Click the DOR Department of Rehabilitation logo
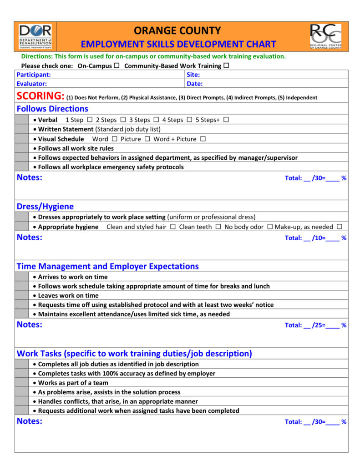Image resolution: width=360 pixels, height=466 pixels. click(35, 36)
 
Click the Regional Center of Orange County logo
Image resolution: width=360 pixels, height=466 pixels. click(325, 36)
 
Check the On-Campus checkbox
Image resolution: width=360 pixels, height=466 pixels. click(117, 66)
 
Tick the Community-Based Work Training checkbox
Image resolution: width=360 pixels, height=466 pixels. click(226, 66)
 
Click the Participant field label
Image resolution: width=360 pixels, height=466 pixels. click(34, 75)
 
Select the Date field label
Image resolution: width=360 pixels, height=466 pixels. click(195, 84)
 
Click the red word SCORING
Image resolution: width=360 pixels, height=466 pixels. click(40, 96)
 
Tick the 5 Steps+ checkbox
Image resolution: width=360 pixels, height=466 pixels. click(226, 120)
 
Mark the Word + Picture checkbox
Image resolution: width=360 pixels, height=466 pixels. click(203, 139)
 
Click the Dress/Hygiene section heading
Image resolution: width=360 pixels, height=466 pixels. click(45, 206)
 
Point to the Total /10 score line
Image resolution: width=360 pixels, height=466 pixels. click(315, 238)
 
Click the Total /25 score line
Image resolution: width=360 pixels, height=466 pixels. click(315, 325)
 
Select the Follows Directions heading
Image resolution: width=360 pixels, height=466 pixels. click(52, 109)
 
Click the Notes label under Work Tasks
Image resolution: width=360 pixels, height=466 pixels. click(30, 421)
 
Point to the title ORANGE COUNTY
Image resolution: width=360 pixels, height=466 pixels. click(177, 31)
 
